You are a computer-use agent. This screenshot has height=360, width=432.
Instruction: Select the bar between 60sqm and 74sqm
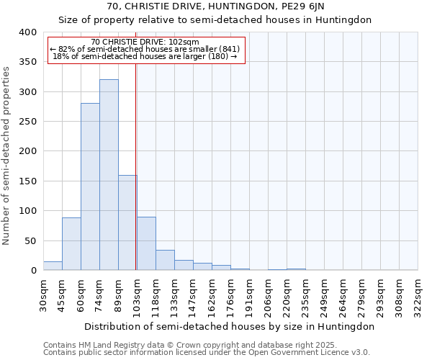(90, 187)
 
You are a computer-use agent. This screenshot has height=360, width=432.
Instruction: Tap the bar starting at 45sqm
(71, 243)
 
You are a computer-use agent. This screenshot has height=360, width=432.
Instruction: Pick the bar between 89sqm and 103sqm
(127, 222)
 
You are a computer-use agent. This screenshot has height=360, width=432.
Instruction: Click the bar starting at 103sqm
(146, 243)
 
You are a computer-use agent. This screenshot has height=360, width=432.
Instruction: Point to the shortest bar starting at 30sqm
(53, 266)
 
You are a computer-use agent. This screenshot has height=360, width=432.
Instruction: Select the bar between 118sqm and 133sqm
(165, 260)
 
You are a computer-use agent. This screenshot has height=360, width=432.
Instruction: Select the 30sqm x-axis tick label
(43, 293)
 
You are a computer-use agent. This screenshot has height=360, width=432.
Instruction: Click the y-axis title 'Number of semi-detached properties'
(6, 155)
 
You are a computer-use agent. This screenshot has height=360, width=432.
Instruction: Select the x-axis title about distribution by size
(229, 326)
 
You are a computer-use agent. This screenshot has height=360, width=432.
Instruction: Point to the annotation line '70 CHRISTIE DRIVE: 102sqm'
(145, 42)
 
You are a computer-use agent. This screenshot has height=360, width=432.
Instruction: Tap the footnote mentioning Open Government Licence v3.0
(207, 352)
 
